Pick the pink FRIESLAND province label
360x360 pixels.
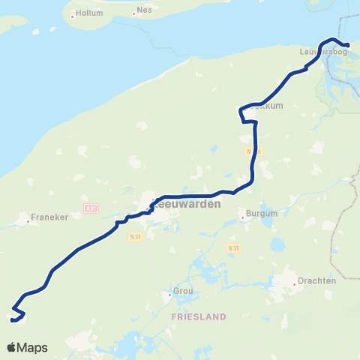coord(198,316)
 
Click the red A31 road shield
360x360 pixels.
coord(90,208)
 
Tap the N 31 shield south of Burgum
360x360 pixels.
coord(233,247)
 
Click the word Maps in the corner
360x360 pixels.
coord(34,347)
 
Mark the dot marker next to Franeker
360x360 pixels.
coord(28,220)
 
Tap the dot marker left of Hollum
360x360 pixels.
coord(73,14)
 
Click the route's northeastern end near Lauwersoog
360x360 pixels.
coord(347,45)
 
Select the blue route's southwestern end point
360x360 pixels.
coord(13,319)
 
